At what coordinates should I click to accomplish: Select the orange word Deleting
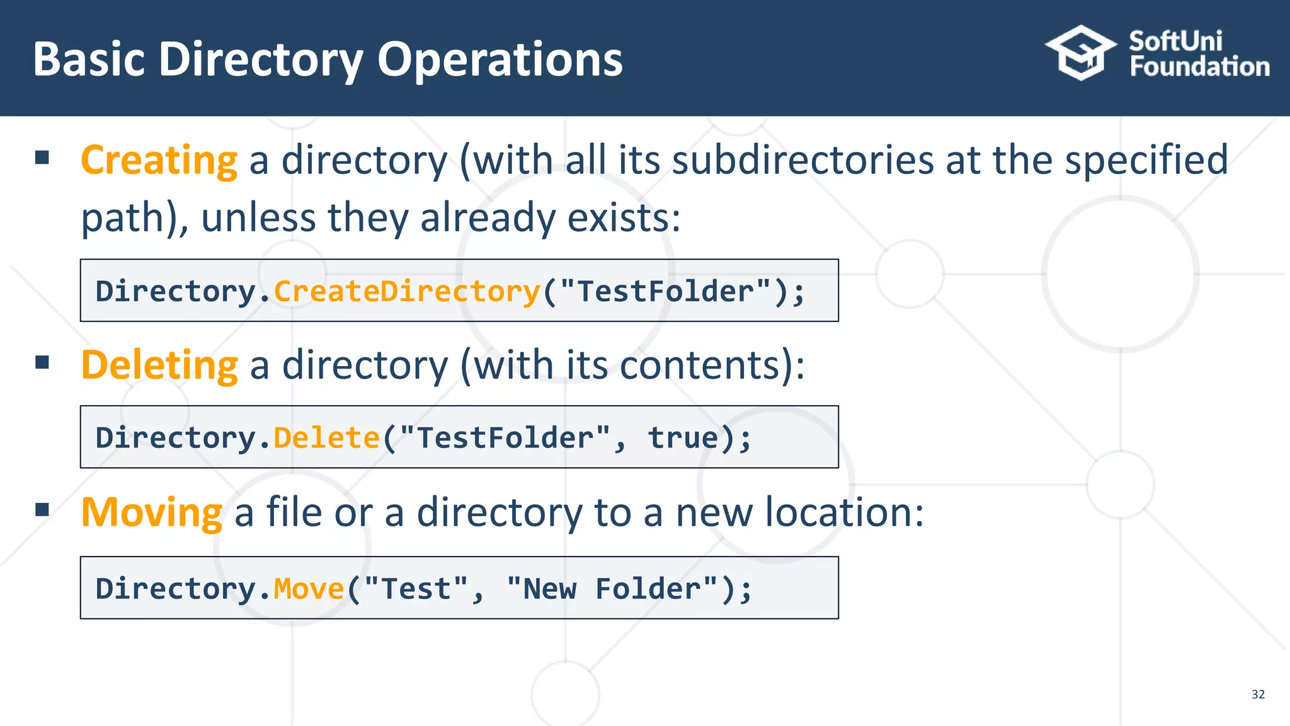pyautogui.click(x=160, y=366)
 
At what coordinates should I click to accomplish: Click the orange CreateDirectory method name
pyautogui.click(x=407, y=292)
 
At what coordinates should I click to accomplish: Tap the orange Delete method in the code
pyautogui.click(x=326, y=438)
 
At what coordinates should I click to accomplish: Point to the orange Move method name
pyautogui.click(x=309, y=589)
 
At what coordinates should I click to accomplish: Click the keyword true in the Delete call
pyautogui.click(x=683, y=438)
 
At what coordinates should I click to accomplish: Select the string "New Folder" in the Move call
pyautogui.click(x=612, y=589)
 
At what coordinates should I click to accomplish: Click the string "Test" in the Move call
pyautogui.click(x=416, y=589)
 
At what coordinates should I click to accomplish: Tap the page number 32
pyautogui.click(x=1258, y=694)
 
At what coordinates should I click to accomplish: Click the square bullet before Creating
pyautogui.click(x=42, y=158)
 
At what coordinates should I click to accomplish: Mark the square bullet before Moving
pyautogui.click(x=42, y=509)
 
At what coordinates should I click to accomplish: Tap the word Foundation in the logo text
pyautogui.click(x=1199, y=67)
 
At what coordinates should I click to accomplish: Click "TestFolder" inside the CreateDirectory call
pyautogui.click(x=665, y=292)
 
